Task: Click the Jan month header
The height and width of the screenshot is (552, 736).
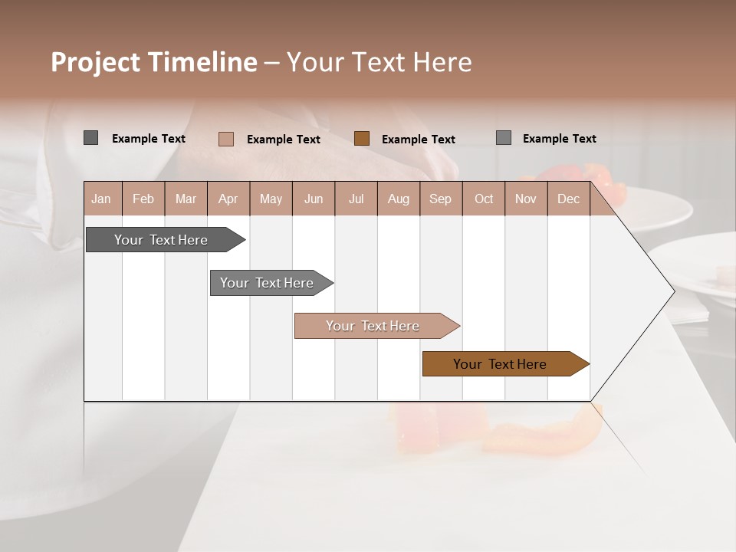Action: tap(101, 199)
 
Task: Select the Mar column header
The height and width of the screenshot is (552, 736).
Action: tap(186, 199)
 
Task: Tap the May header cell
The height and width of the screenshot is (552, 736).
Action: tap(271, 199)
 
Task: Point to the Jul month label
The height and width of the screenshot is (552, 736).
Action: tap(356, 199)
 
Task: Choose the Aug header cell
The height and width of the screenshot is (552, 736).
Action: tap(398, 199)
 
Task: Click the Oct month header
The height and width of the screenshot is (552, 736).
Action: tap(484, 199)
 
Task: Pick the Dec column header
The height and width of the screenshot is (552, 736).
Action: tap(568, 199)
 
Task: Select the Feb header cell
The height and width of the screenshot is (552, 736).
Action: tap(143, 199)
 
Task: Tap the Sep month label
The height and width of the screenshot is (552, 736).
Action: tap(440, 199)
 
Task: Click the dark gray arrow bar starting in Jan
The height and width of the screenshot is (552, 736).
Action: tap(161, 240)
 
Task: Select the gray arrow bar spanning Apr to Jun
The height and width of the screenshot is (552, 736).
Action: tap(267, 283)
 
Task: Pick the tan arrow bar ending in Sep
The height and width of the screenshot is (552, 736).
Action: tap(373, 326)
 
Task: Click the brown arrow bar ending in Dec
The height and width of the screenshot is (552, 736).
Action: tap(500, 364)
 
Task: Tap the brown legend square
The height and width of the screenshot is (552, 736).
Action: tap(362, 139)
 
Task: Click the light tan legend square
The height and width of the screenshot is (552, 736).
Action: tap(225, 139)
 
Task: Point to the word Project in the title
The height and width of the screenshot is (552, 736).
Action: tap(96, 62)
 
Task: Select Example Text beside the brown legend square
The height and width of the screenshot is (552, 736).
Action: tap(419, 140)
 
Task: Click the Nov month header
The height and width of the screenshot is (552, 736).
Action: tap(525, 199)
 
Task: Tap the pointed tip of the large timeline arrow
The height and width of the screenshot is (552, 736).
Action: tap(672, 291)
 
